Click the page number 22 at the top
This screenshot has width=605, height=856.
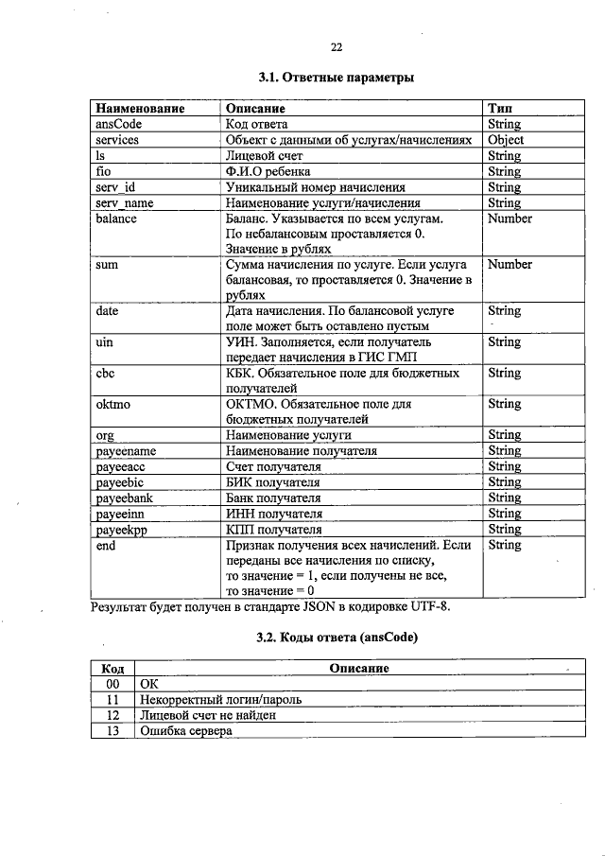336,47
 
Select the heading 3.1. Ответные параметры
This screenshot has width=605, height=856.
336,77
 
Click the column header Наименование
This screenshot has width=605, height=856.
140,109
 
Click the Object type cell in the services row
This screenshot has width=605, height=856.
506,140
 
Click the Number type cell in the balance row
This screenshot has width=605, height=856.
510,218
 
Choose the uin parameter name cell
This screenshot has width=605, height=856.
106,341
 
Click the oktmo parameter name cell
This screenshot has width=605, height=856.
112,404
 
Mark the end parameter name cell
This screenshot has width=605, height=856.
107,545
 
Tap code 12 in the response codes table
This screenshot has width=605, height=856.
112,715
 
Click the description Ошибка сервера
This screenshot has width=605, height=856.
185,730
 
